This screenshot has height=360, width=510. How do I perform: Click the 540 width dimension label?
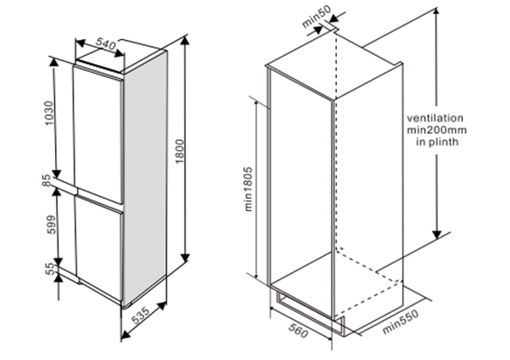tap(106, 44)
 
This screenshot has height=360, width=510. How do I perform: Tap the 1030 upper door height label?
tap(49, 113)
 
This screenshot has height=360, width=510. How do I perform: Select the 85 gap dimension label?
tap(47, 181)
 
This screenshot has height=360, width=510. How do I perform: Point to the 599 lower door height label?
tap(51, 224)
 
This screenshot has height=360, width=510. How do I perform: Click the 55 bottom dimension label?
tap(51, 269)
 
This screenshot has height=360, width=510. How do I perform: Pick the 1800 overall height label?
tap(179, 152)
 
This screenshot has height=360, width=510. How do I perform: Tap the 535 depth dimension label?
tap(141, 315)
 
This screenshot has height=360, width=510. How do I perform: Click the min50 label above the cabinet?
tap(317, 16)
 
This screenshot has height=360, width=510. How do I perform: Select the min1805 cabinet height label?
tap(248, 189)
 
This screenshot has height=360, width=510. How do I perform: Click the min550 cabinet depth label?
tap(400, 322)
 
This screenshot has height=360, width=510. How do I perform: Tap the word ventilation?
tap(435, 118)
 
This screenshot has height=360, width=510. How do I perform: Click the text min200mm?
tap(436, 130)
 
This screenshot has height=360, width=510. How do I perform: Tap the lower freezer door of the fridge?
tap(99, 247)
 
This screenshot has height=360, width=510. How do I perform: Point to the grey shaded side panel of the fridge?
tap(145, 178)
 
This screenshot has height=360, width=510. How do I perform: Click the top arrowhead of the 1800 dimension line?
tap(185, 42)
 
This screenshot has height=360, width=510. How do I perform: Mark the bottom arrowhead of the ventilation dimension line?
tap(436, 235)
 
